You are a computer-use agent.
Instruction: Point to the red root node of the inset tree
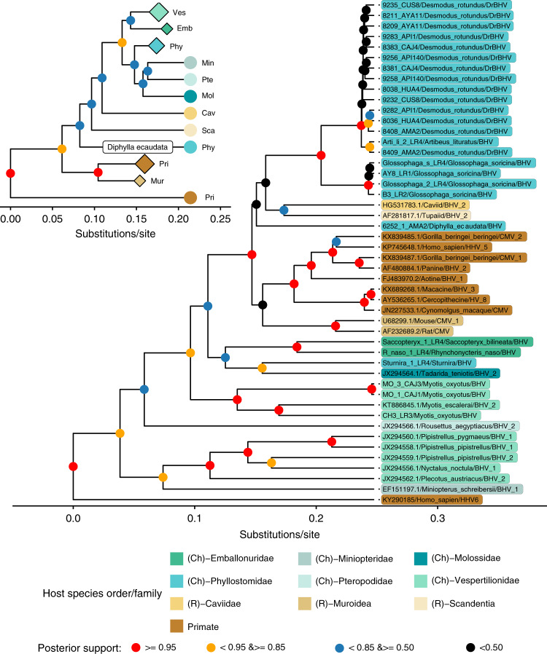click(x=10, y=173)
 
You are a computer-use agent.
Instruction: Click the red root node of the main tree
click(x=73, y=466)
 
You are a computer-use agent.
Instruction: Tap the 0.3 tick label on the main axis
click(x=437, y=518)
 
